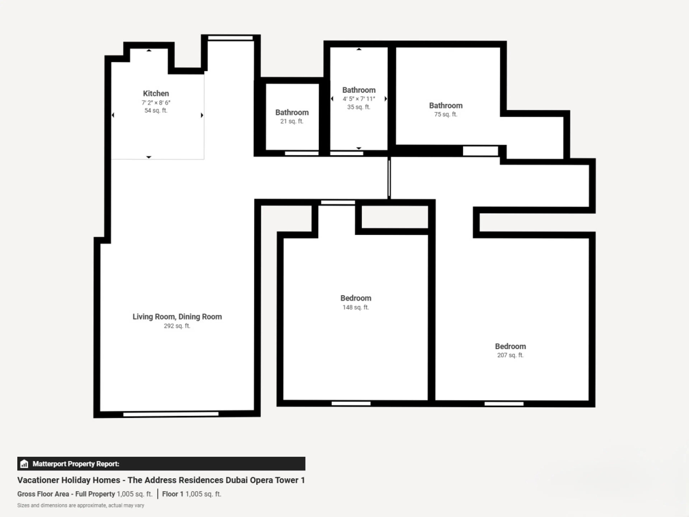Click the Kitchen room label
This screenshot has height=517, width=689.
point(156,94)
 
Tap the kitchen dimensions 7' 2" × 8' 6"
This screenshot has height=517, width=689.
point(156,103)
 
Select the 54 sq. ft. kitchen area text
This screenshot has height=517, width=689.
point(156,110)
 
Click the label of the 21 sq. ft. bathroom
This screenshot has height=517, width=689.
point(292,113)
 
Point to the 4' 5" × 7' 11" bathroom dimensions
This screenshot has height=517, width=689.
point(359,99)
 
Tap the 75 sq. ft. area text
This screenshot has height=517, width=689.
point(446,114)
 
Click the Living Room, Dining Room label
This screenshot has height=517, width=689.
point(177,317)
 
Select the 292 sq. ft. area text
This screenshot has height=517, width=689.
point(177,326)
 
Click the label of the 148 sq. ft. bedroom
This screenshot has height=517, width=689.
point(356,298)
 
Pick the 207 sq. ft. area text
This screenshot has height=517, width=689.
point(510,355)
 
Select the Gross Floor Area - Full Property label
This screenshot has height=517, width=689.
point(66,494)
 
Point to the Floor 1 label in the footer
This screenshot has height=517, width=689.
point(173,494)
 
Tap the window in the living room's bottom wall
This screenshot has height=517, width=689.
point(171,414)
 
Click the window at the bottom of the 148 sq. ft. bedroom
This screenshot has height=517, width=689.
point(351,404)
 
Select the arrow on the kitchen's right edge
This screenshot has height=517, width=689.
point(202,115)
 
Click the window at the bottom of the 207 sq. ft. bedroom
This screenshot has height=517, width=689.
point(504,404)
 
